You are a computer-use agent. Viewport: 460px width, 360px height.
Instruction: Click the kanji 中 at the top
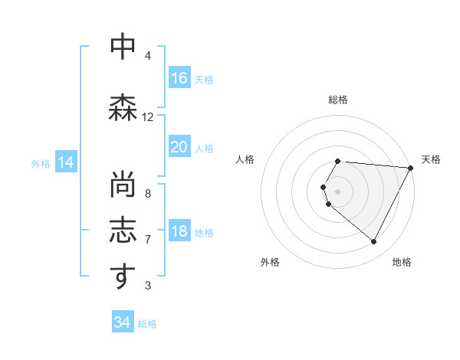[x=121, y=48]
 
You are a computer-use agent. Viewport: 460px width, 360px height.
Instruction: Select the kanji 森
[x=121, y=108]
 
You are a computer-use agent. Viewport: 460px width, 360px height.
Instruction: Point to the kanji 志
[x=121, y=231]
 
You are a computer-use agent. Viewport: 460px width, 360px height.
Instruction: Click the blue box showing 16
[x=179, y=78]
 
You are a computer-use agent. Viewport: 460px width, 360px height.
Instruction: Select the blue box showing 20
[x=179, y=147]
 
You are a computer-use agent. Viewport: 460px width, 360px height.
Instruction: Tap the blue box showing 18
[x=179, y=232]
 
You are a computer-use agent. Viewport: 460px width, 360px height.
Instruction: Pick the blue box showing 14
[x=65, y=162]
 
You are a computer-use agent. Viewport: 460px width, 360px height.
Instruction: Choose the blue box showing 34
[x=123, y=322]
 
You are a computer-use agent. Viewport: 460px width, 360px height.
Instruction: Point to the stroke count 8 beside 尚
[x=147, y=194]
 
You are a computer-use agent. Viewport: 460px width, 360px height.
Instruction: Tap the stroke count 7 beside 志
[x=147, y=240]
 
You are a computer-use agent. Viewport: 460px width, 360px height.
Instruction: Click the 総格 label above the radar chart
[x=337, y=100]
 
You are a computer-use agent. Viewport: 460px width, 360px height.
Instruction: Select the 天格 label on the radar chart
[x=431, y=159]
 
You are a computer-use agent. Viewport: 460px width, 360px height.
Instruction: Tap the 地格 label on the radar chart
[x=402, y=262]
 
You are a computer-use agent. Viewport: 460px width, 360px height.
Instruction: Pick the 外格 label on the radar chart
[x=270, y=262]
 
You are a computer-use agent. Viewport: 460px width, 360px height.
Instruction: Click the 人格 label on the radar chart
[x=245, y=159]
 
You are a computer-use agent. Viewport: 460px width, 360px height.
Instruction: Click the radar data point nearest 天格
[x=411, y=168]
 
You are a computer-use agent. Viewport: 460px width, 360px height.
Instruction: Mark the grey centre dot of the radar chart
[x=337, y=191]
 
